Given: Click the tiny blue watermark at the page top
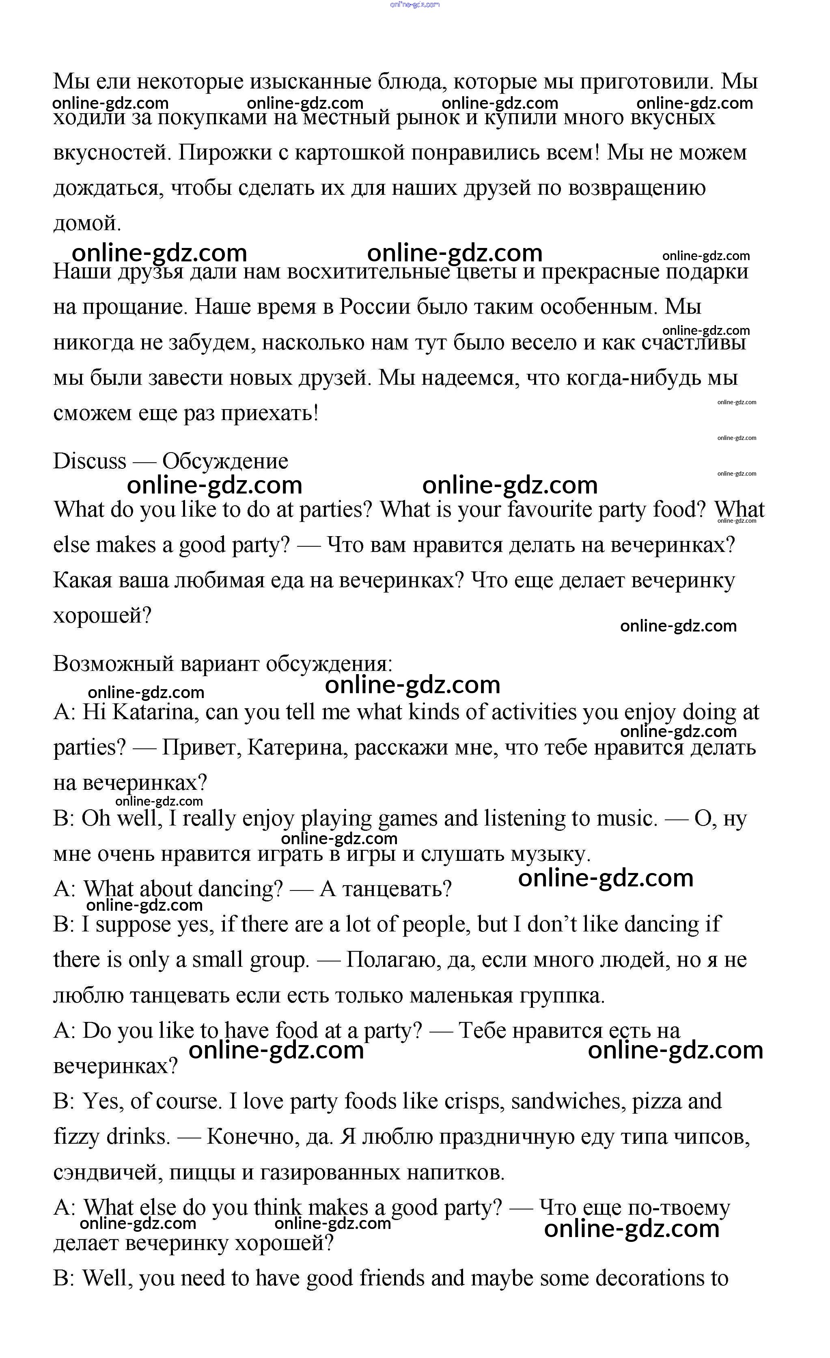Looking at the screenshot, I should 414,4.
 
